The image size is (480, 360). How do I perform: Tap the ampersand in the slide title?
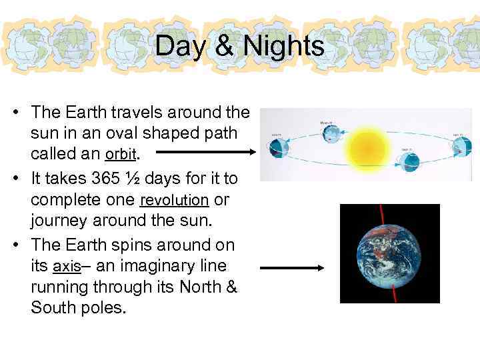(x=227, y=47)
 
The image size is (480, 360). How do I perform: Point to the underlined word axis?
(x=66, y=267)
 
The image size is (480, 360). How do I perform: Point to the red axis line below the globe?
(x=395, y=293)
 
